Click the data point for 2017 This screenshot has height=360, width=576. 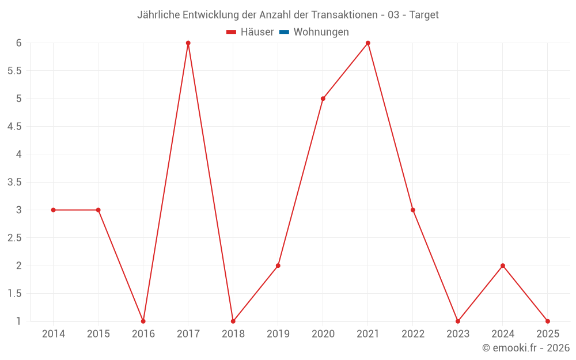coord(188,43)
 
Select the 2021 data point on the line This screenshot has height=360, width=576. coord(368,43)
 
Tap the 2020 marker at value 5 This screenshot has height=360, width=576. coord(323,98)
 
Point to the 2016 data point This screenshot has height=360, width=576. coord(143,321)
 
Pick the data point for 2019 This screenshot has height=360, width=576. coord(278,266)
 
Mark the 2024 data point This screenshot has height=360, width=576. coord(503,266)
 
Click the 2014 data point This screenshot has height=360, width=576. coord(54,210)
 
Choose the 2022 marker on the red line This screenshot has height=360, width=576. coord(413,210)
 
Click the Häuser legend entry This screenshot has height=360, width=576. coord(250,32)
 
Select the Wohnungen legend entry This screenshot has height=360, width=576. coord(321,32)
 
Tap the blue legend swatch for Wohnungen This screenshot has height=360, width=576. coord(284,32)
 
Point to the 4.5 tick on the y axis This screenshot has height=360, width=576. coord(14,127)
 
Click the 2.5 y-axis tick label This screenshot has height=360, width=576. coord(14,238)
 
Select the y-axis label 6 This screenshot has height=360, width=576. coord(19,43)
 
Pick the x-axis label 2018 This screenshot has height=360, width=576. coord(233,334)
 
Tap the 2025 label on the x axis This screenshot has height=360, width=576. coord(548,334)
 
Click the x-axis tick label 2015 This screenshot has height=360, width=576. coord(98,334)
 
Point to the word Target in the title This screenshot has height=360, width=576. coord(424,15)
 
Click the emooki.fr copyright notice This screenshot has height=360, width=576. coord(526,348)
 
